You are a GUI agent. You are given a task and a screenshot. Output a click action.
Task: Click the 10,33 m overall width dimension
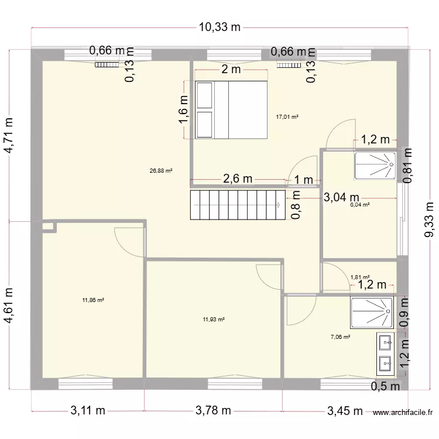coord(220,27)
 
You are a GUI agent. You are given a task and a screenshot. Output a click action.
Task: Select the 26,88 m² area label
coord(161,171)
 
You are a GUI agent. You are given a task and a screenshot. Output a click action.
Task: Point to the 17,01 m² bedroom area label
coord(287,117)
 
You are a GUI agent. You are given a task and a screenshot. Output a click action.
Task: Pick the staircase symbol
coord(236,205)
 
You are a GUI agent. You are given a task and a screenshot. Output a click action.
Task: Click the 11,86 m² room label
coord(94,300)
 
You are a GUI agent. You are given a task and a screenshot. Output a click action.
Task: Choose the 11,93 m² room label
coord(214,319)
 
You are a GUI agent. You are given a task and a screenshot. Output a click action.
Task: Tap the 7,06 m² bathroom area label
coord(340,337)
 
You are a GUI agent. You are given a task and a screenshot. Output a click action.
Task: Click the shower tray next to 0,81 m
coord(375,165)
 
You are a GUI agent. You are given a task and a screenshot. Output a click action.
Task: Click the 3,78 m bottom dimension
coord(213,411)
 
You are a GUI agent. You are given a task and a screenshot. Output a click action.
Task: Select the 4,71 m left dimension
coord(9,136)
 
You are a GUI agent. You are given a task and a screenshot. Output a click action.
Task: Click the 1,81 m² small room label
coord(360,277)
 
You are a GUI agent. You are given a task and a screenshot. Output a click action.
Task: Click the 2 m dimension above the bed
coord(231,70)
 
